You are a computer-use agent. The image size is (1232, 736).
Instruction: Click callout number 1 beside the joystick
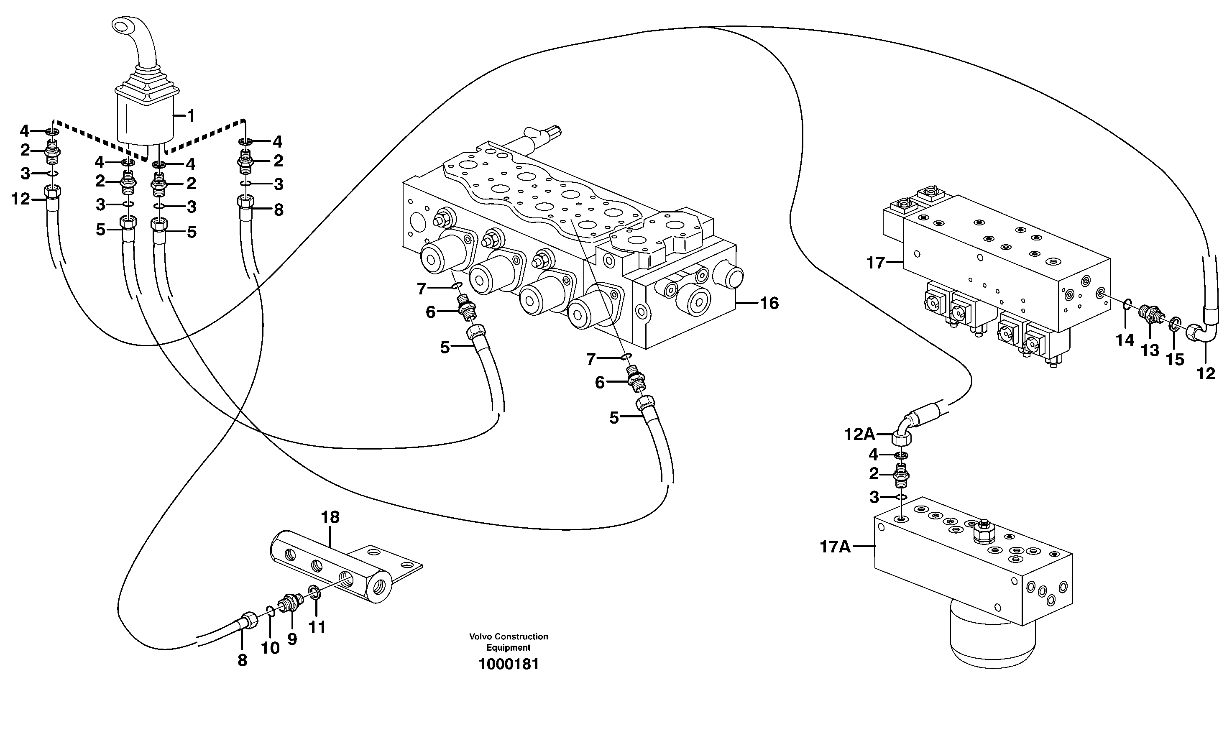[x=190, y=116]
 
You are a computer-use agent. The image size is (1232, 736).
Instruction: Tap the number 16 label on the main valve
[x=769, y=303]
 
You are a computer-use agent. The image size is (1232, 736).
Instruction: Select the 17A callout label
[x=835, y=547]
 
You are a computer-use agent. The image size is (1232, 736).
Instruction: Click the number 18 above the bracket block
[x=330, y=517]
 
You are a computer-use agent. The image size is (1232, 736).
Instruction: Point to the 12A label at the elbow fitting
[x=859, y=434]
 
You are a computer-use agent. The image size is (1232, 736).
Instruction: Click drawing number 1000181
[x=509, y=664]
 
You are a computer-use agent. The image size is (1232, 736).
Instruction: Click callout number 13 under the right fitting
[x=1150, y=350]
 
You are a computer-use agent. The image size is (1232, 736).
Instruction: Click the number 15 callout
[x=1174, y=359]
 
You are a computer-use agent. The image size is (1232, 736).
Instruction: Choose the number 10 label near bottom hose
[x=270, y=648]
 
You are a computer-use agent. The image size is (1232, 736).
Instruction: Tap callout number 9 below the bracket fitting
[x=292, y=639]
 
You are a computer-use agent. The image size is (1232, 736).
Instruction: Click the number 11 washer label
[x=317, y=627]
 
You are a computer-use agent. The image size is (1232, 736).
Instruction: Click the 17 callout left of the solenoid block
[x=875, y=262]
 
